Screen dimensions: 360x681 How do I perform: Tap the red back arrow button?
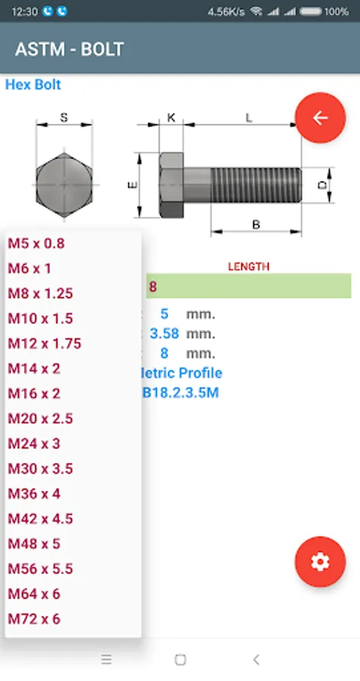tap(320, 118)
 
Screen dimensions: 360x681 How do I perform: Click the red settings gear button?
tap(320, 562)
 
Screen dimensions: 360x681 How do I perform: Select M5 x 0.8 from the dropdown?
tap(36, 243)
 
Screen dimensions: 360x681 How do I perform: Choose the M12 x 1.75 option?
tap(45, 344)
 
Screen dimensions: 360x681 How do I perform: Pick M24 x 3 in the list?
tap(34, 444)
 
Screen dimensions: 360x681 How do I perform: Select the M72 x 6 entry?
tap(34, 619)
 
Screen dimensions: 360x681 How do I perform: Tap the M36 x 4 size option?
tap(34, 494)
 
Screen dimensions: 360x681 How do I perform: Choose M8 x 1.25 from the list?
tap(40, 294)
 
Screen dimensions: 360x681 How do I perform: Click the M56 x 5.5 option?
tap(40, 569)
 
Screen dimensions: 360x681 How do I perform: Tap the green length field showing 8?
tap(248, 286)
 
